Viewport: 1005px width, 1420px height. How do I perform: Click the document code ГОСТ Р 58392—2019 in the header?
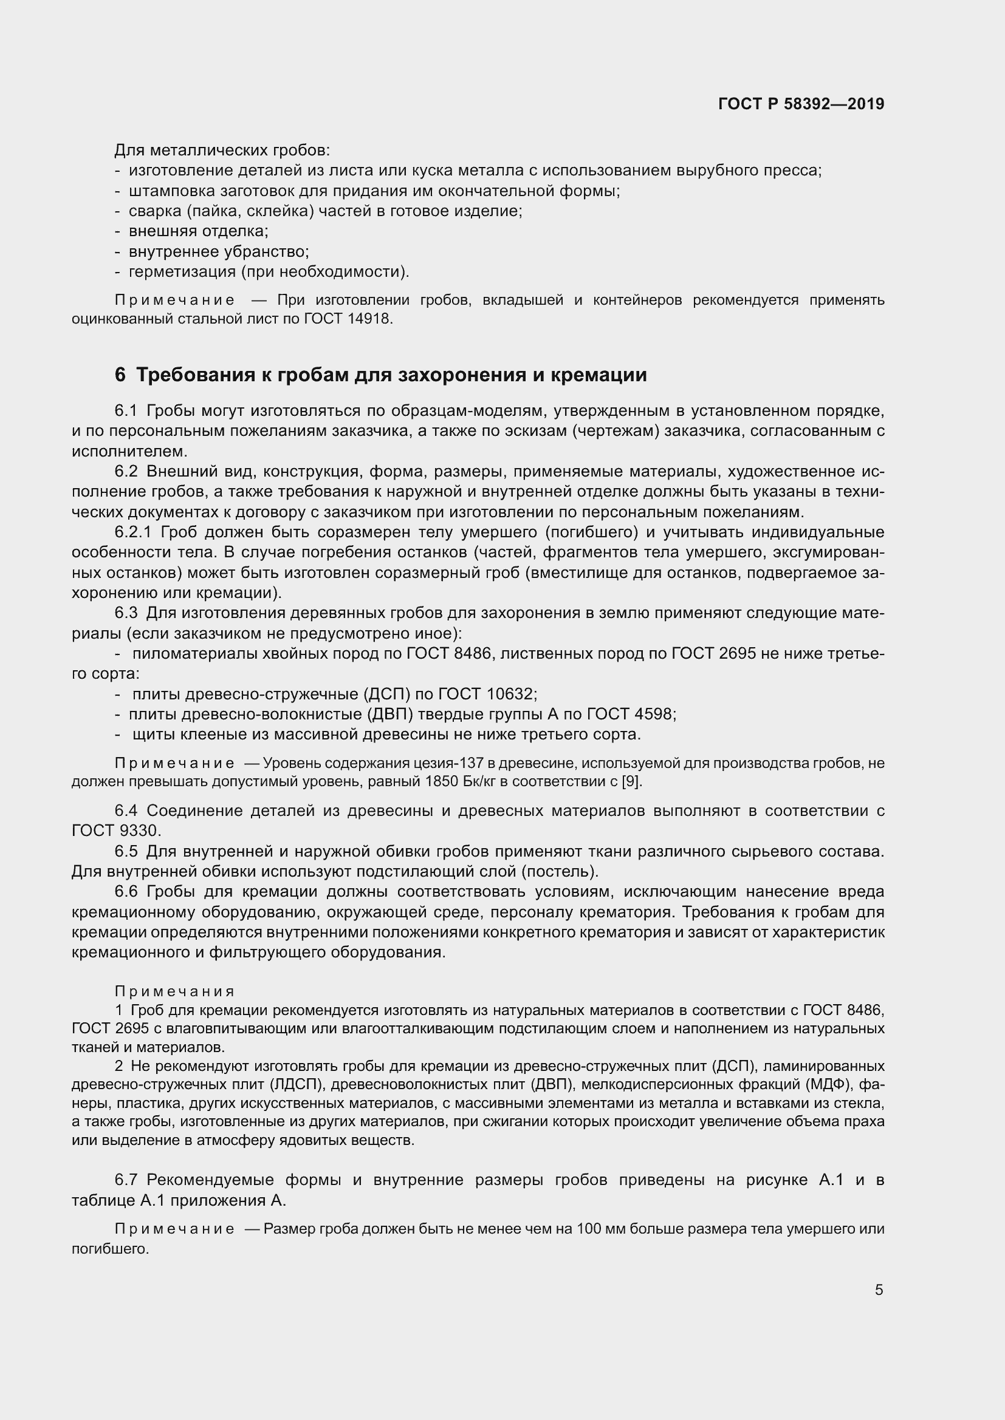pos(801,104)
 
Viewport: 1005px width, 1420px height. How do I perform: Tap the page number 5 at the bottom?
pos(879,1290)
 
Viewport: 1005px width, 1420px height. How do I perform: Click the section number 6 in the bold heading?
pos(120,375)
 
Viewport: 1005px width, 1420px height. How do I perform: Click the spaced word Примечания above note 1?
pos(174,992)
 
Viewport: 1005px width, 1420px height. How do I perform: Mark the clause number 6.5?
pos(126,852)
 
